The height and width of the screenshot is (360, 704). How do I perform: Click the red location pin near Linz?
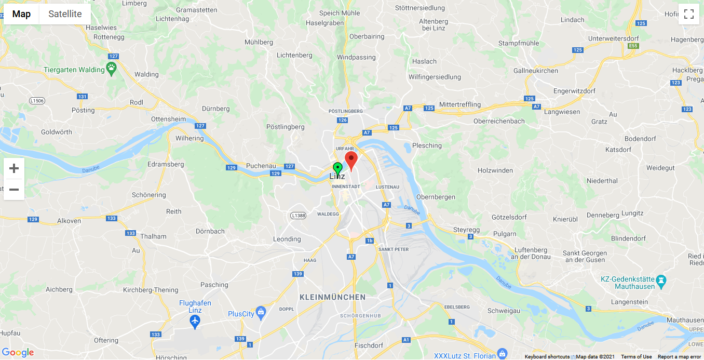pos(351,159)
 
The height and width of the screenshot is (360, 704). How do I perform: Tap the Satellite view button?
pos(65,14)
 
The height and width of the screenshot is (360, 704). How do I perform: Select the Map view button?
pos(21,14)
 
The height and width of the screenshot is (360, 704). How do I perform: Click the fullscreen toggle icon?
pos(689,14)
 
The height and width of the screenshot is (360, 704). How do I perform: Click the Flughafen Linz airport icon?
pos(195,322)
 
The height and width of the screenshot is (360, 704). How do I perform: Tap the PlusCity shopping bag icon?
pos(261,313)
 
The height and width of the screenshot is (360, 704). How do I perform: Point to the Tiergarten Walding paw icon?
pos(112,68)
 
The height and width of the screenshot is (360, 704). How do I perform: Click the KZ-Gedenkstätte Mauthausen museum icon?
pos(661,281)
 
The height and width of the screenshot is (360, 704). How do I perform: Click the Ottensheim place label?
pos(168,118)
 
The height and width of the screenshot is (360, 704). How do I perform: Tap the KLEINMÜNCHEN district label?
pos(332,297)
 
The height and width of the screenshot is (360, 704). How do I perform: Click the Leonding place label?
pos(287,239)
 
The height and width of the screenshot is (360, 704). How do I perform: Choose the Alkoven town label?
pos(69,221)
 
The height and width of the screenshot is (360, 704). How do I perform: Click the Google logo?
pos(18,352)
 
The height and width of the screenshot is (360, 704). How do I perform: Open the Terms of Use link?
pos(636,357)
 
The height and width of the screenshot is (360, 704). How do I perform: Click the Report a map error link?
pos(679,357)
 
